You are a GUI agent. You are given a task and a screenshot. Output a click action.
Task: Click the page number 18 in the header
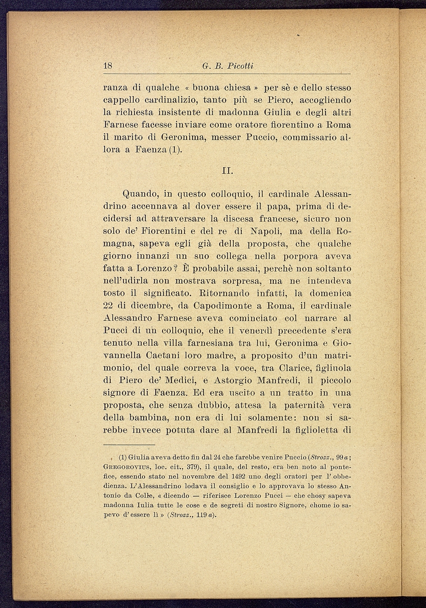[x=108, y=66]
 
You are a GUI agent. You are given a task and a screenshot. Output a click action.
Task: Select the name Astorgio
[x=223, y=380]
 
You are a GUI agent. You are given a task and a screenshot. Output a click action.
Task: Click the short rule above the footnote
[x=129, y=444]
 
